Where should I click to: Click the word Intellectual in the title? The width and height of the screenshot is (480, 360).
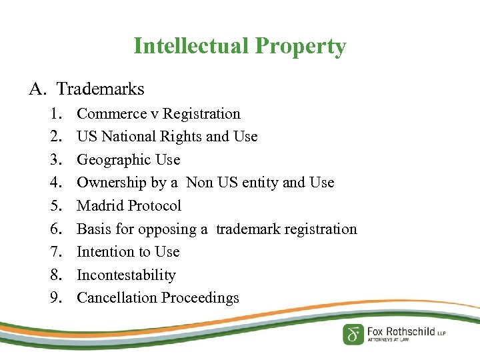(x=192, y=46)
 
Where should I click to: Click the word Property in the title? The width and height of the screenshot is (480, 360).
(x=300, y=47)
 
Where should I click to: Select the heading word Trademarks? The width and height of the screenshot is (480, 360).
(x=100, y=88)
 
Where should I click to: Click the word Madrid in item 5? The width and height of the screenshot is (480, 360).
(x=101, y=206)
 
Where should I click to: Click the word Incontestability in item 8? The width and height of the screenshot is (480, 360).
(x=127, y=275)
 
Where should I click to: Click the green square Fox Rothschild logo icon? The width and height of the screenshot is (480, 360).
(x=353, y=334)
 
